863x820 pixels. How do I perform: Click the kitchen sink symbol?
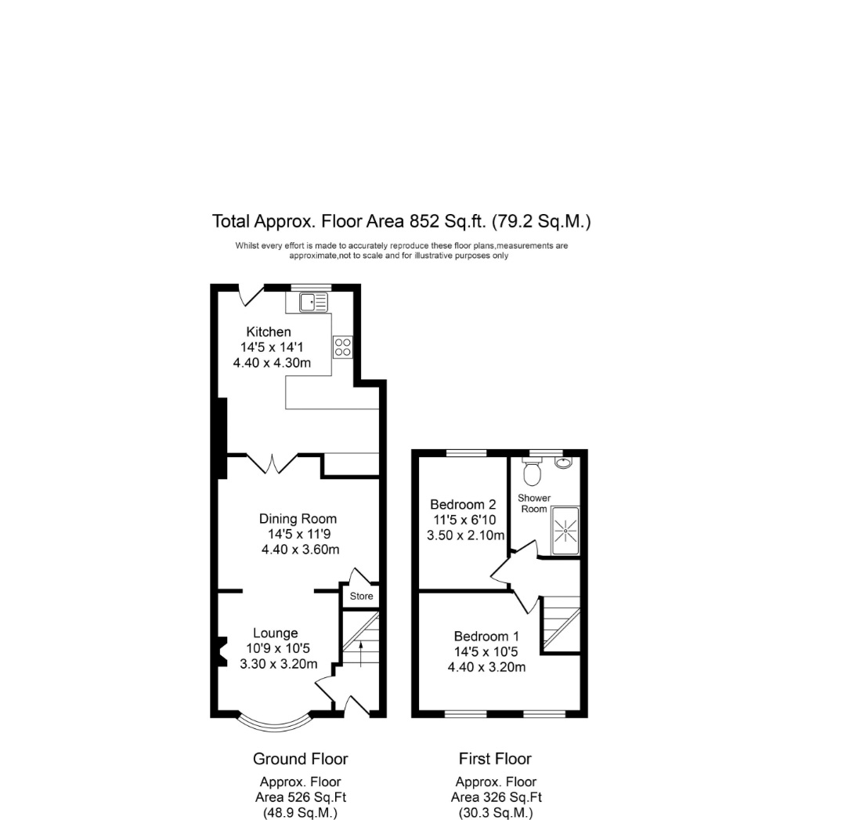(x=313, y=302)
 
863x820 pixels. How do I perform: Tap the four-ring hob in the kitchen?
(x=342, y=347)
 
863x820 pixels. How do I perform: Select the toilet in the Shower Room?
(x=532, y=471)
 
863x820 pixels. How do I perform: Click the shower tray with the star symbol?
(x=565, y=531)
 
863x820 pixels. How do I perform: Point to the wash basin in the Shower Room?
(x=564, y=463)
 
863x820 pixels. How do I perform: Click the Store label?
(x=361, y=596)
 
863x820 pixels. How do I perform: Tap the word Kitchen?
(x=269, y=332)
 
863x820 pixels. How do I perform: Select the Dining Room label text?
(x=298, y=518)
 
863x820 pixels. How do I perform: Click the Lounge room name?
(x=275, y=633)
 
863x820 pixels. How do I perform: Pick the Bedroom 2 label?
(x=463, y=504)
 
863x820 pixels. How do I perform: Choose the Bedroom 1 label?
(x=486, y=636)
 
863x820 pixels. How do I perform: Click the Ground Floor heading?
(x=301, y=759)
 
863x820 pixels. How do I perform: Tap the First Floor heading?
(x=495, y=759)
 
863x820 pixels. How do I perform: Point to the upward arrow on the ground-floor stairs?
(x=361, y=654)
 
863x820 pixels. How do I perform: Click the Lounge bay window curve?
(x=273, y=725)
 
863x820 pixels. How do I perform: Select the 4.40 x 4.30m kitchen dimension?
(x=272, y=363)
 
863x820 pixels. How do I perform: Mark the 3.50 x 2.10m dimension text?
(x=466, y=535)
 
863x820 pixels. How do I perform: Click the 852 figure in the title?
(x=424, y=221)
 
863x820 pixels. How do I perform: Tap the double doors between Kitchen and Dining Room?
(x=272, y=463)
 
